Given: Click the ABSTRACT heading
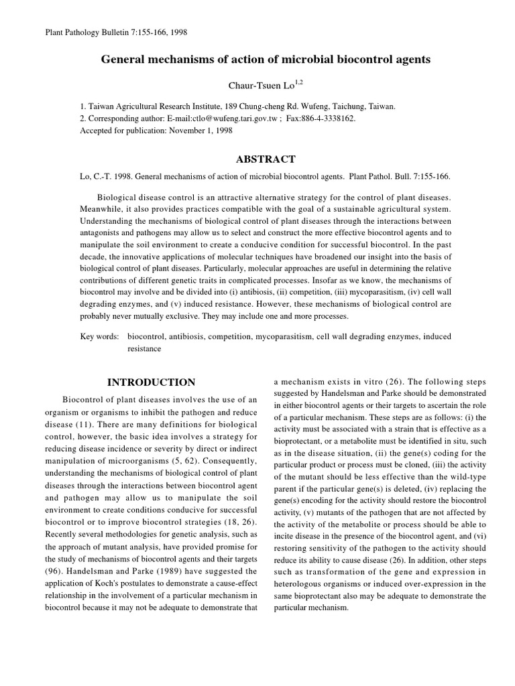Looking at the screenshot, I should click(x=266, y=159).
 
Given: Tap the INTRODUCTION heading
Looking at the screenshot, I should click(x=151, y=382).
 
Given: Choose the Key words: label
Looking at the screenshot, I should click(x=99, y=336).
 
